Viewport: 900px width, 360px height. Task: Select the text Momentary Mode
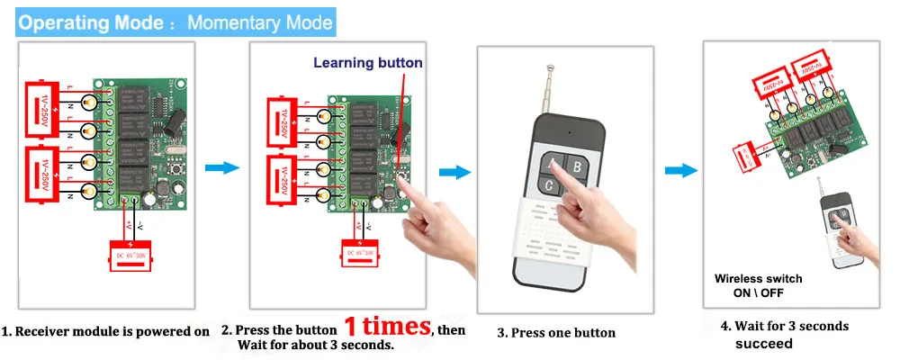pos(259,22)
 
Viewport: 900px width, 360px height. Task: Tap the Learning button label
pos(367,63)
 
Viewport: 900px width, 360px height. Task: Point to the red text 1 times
pos(386,325)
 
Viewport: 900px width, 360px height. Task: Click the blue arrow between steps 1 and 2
pos(221,168)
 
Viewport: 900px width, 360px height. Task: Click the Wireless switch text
pos(758,279)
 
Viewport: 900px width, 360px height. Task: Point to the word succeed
pos(764,343)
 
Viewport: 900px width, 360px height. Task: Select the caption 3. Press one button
pos(556,332)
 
